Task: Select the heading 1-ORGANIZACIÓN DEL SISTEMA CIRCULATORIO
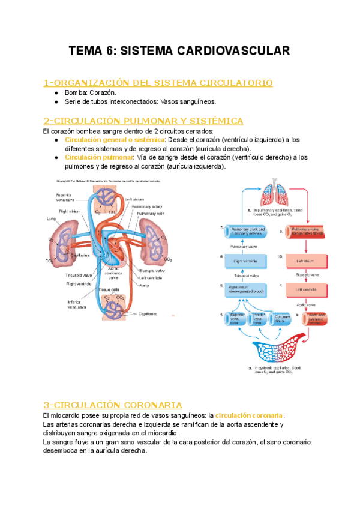[158, 82]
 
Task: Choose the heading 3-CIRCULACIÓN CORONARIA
[113, 405]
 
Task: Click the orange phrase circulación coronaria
[250, 415]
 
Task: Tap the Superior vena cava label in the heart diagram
[64, 197]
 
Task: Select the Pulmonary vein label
[149, 214]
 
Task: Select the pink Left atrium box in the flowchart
[306, 261]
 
